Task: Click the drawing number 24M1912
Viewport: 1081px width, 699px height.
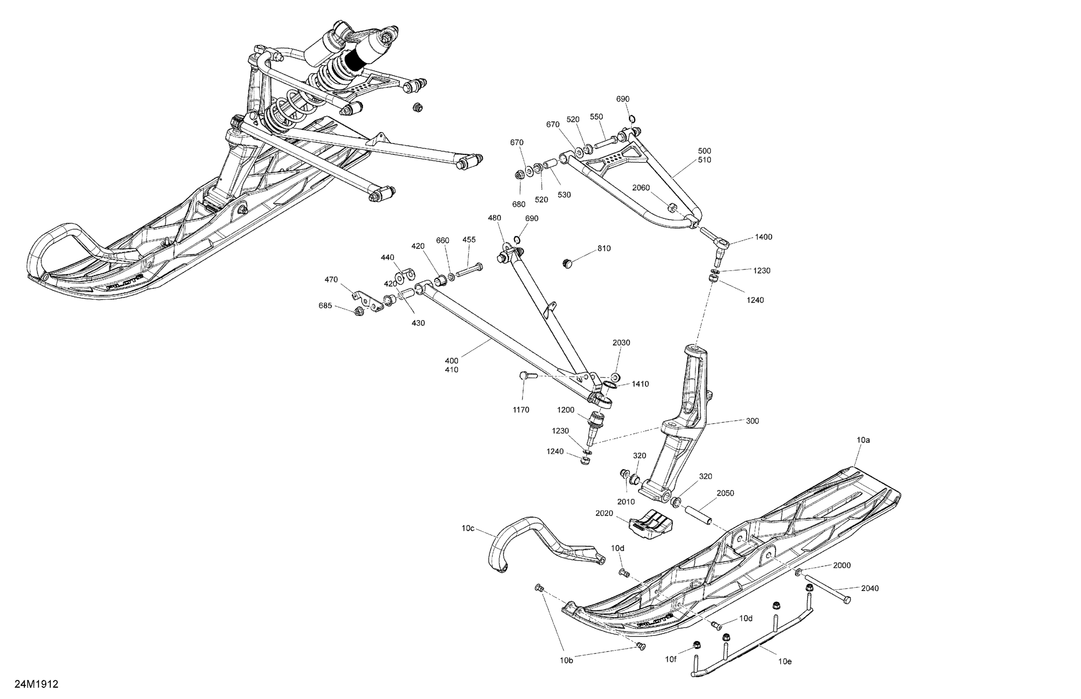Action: [x=36, y=684]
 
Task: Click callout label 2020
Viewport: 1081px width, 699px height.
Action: [x=604, y=514]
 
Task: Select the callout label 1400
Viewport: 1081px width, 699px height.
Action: [x=764, y=237]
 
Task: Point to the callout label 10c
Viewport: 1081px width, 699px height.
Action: [x=468, y=528]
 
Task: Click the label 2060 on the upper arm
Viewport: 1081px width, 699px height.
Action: [x=641, y=188]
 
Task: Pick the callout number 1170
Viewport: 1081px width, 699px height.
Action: [x=521, y=410]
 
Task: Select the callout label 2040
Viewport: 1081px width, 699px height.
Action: [x=870, y=588]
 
